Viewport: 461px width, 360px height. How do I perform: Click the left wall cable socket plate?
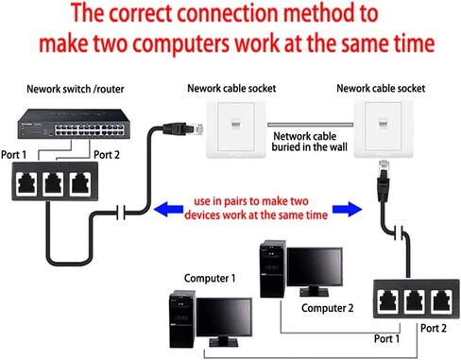[231, 131]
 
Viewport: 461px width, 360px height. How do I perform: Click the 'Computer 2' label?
[327, 307]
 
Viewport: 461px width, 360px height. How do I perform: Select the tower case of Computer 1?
[182, 321]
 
